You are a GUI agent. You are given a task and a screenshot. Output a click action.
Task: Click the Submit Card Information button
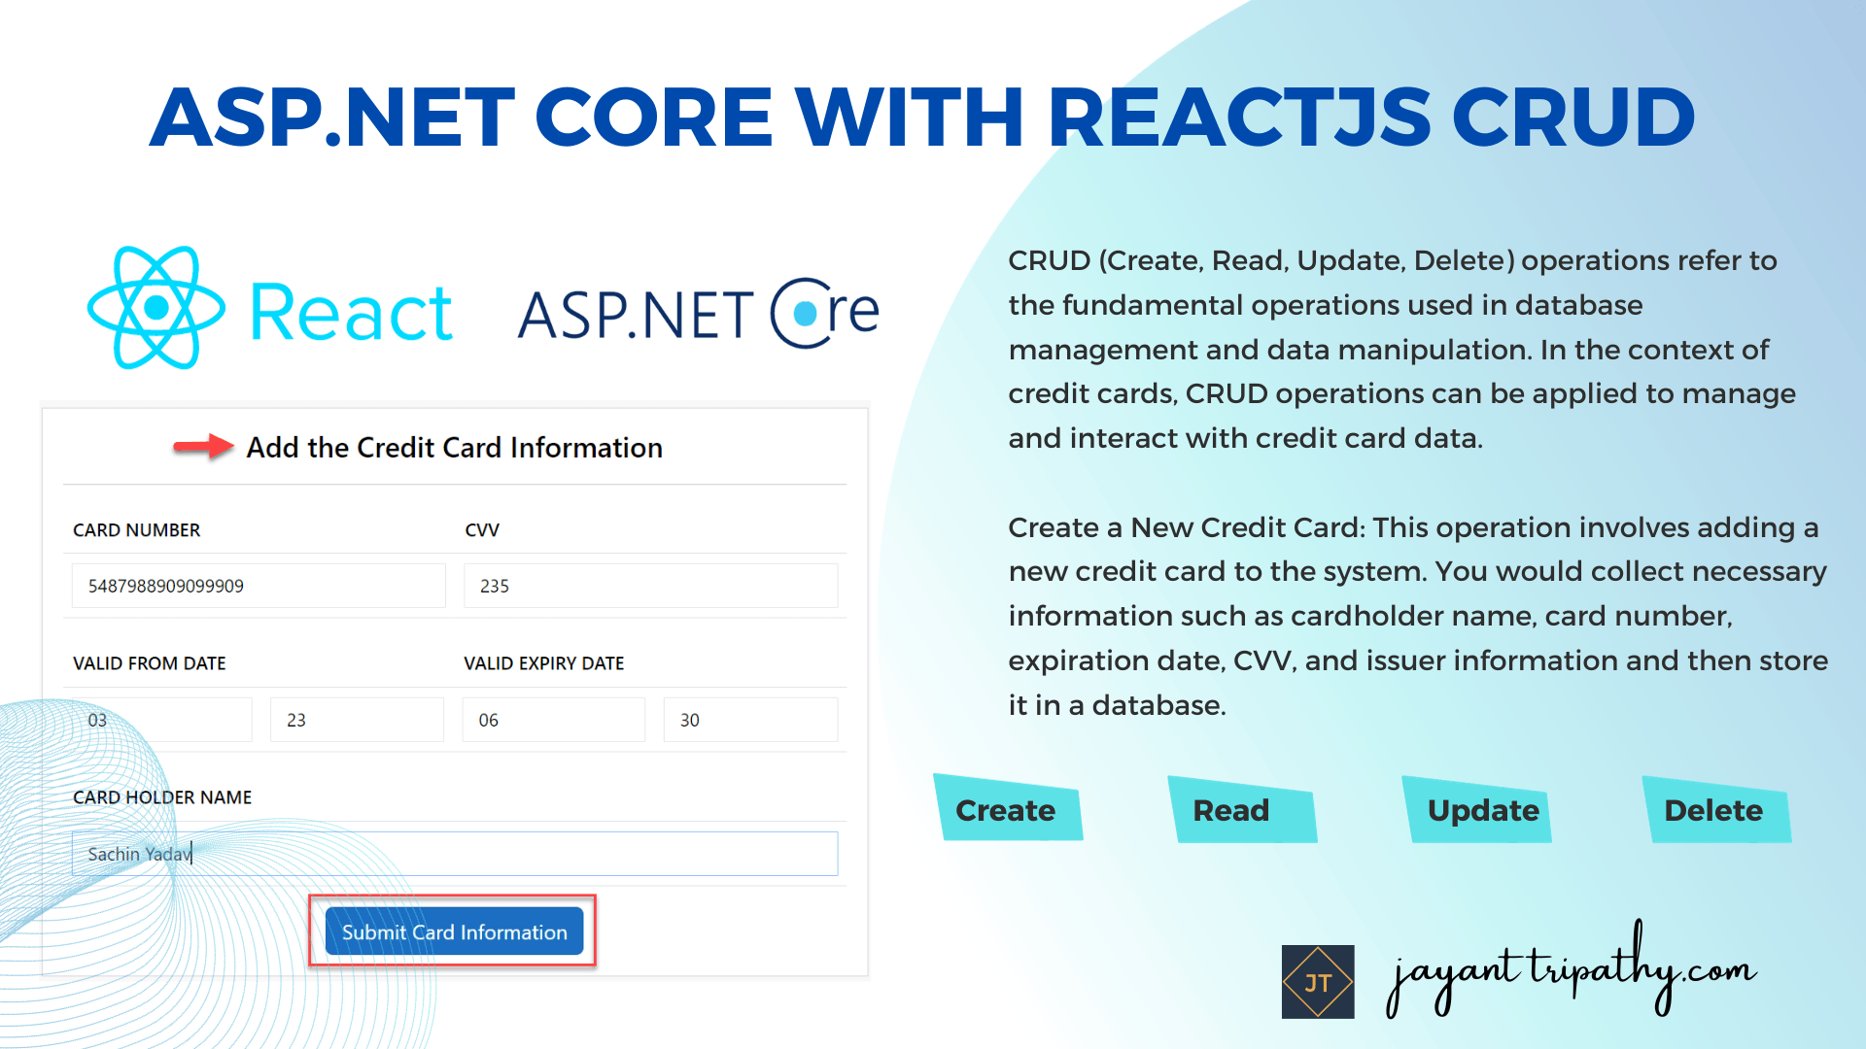(x=454, y=931)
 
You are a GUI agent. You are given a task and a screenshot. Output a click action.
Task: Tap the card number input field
(x=258, y=586)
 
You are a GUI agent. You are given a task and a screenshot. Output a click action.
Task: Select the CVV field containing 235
(x=649, y=586)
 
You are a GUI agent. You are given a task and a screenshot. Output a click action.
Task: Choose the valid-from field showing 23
(x=356, y=720)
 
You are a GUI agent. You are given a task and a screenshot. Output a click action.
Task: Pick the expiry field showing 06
(x=552, y=720)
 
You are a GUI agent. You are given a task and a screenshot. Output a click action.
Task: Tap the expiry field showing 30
(x=749, y=720)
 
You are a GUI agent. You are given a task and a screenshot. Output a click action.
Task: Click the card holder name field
(x=454, y=854)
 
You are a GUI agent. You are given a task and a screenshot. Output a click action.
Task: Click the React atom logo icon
(x=156, y=308)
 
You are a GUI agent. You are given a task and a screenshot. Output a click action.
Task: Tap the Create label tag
(x=1006, y=810)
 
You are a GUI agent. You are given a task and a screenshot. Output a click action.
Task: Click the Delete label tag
(x=1713, y=810)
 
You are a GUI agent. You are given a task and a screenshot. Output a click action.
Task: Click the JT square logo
(x=1318, y=982)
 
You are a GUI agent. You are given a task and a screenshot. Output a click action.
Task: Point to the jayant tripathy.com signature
(x=1570, y=971)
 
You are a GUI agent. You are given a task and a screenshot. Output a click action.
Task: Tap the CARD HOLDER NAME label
(x=162, y=797)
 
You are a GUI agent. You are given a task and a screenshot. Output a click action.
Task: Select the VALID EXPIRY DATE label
(x=543, y=663)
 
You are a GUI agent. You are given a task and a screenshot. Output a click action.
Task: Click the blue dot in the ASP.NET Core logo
(x=806, y=313)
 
